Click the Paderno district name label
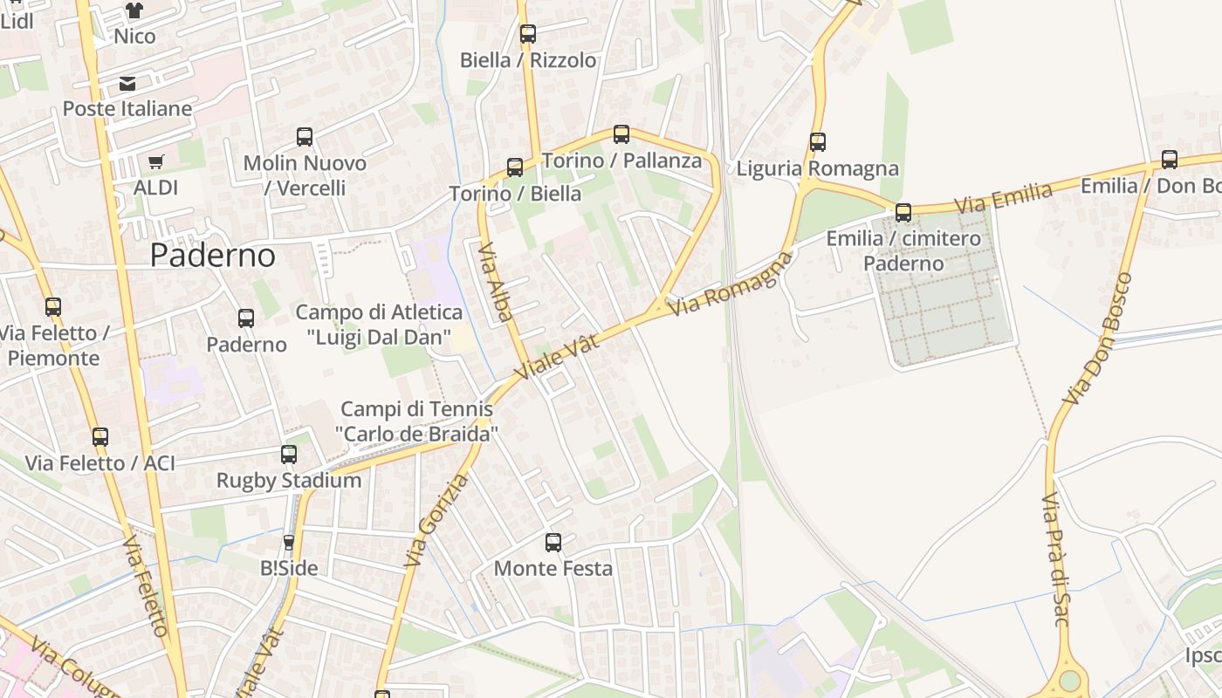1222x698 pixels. click(212, 255)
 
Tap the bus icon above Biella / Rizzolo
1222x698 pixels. click(528, 34)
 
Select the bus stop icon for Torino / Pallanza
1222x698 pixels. click(621, 134)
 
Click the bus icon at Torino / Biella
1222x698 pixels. click(515, 168)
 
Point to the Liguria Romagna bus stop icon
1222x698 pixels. click(818, 141)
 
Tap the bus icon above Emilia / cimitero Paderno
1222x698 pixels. click(903, 212)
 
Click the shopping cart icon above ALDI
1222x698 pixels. click(156, 161)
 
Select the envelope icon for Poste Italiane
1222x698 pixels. click(127, 84)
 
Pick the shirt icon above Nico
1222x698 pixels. click(134, 10)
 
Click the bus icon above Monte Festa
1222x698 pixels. click(553, 543)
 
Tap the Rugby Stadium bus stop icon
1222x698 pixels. click(289, 455)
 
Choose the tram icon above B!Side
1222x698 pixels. click(289, 543)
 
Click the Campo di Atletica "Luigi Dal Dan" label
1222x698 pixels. click(379, 324)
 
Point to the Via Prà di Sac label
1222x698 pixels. click(1055, 558)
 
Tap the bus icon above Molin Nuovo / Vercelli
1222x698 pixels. click(305, 137)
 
